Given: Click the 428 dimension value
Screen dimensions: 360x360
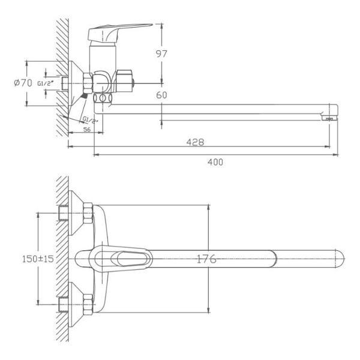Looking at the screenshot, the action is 195,142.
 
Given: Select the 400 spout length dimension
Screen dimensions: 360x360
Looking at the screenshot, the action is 215,163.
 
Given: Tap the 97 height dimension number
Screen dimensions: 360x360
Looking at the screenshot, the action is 161,54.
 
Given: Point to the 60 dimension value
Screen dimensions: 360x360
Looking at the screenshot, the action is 161,95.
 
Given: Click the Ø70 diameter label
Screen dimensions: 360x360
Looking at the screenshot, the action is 23,83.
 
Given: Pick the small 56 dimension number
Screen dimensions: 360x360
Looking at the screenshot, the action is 87,130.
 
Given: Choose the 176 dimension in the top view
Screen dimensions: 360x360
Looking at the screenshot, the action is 206,259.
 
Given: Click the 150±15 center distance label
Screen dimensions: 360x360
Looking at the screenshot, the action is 38,259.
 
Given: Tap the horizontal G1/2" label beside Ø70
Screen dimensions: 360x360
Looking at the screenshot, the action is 45,83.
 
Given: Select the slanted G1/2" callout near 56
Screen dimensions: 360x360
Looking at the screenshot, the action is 90,120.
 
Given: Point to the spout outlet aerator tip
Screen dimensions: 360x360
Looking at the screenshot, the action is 329,118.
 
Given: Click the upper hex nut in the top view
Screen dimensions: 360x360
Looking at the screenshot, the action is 88,213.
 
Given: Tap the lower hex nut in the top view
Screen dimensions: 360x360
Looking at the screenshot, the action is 88,304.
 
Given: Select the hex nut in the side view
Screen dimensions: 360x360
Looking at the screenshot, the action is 88,83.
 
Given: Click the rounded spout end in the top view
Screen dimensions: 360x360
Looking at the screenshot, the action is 340,259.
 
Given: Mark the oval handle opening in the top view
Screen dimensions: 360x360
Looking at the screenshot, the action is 132,259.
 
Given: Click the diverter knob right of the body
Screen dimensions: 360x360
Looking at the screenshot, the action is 124,81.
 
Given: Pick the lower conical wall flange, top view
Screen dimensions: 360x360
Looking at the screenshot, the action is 76,304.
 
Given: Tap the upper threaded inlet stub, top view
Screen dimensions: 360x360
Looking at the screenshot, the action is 64,213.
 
